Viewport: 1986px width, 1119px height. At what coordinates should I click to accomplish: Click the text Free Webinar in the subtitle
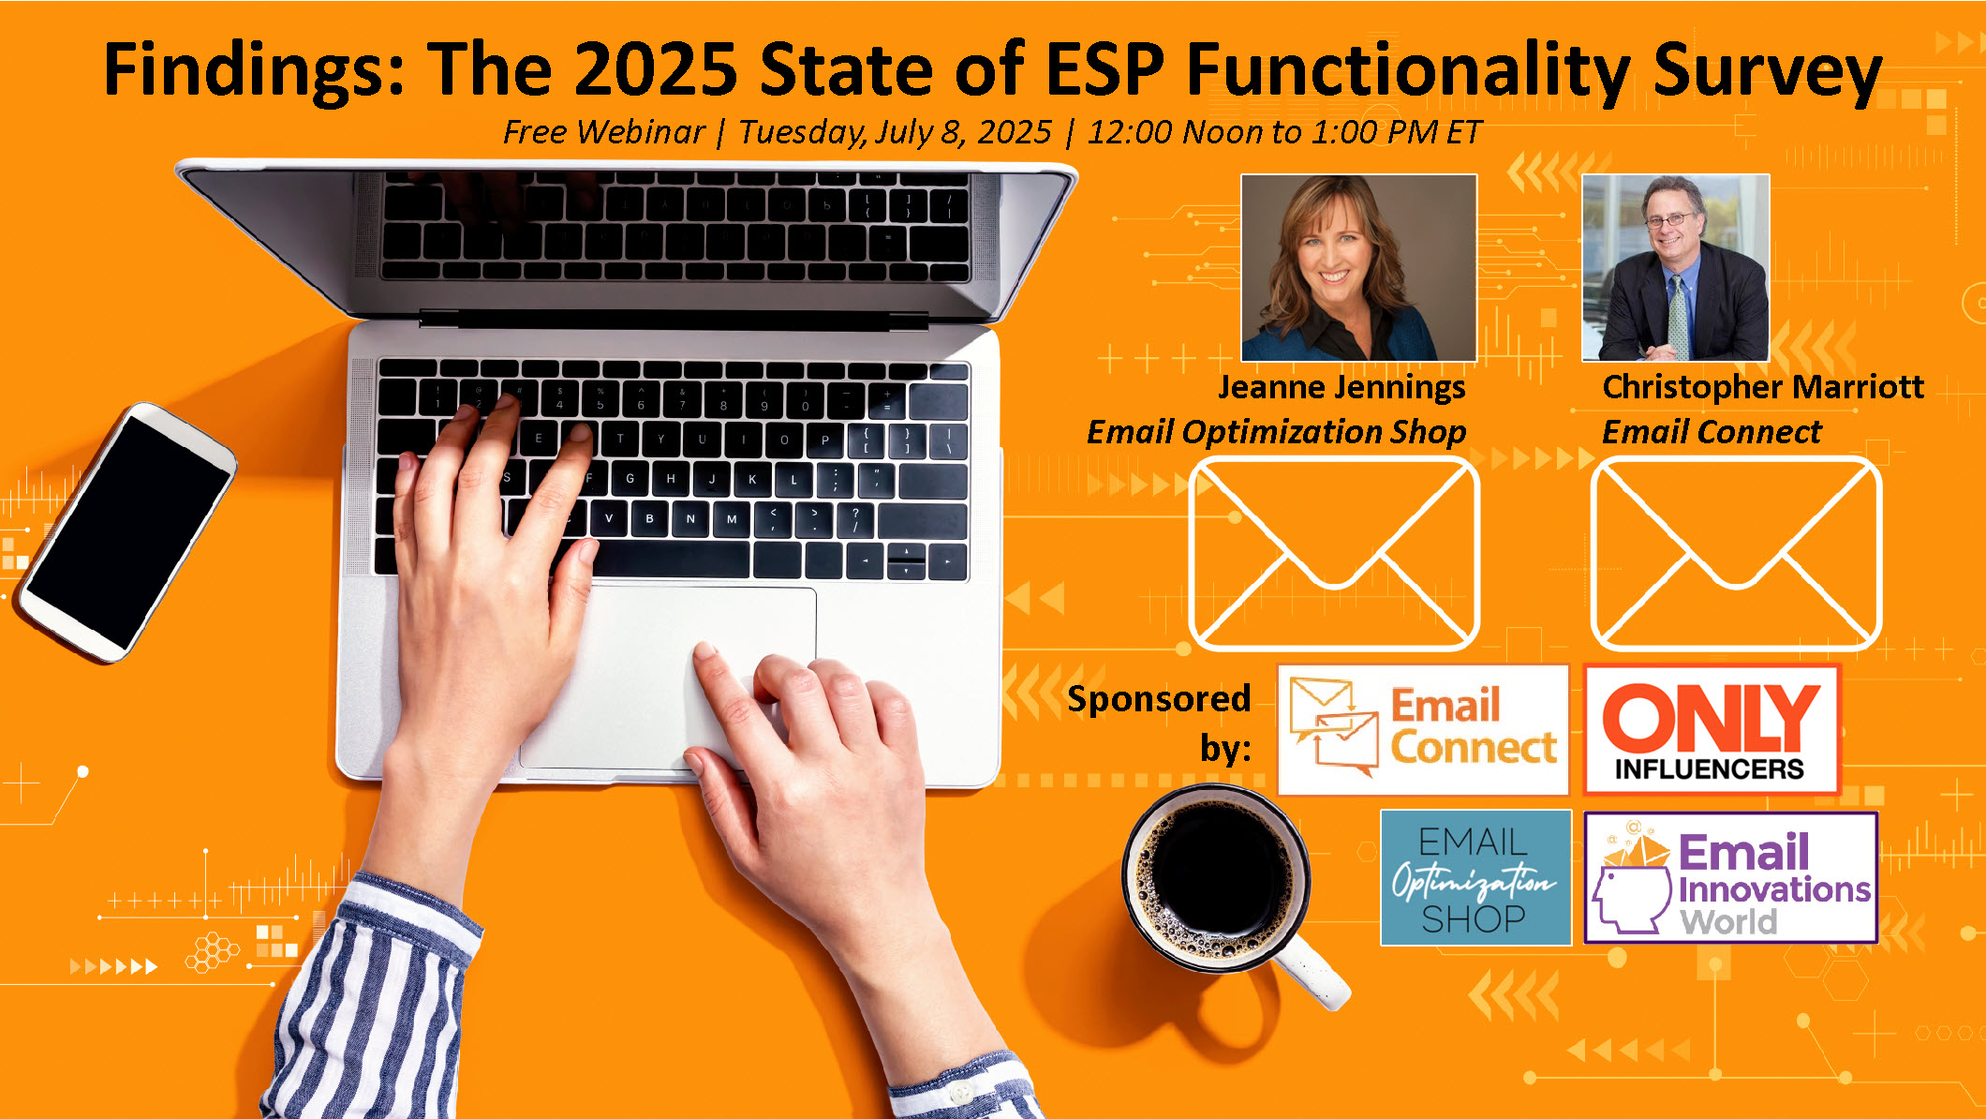603,132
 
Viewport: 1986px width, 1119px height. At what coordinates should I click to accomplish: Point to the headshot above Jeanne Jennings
1358,268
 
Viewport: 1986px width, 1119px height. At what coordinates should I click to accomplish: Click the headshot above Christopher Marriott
1675,268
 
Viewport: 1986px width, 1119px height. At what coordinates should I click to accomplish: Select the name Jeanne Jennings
1341,388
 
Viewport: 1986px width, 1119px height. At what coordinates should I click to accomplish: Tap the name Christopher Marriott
1763,386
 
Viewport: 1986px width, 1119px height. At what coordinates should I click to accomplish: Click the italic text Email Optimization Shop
1276,432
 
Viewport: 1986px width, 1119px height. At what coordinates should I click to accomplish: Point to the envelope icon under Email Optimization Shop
1334,553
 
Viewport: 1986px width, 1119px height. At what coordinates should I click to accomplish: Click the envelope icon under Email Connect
1736,553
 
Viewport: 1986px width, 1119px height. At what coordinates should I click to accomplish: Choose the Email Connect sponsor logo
1423,730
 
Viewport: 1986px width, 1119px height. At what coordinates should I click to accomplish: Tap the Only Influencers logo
1712,730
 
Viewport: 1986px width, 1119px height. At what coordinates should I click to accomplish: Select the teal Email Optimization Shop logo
1475,878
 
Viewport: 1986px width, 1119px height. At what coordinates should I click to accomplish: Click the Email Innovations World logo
1731,878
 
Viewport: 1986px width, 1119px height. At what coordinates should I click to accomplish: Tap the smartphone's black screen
126,531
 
